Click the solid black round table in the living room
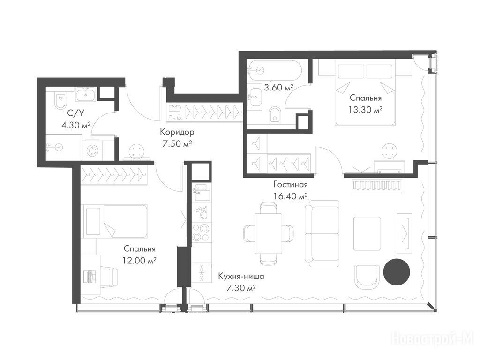(x=397, y=272)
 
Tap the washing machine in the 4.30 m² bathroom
(x=91, y=150)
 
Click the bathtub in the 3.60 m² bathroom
(x=275, y=70)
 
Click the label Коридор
(x=177, y=132)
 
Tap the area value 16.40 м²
(x=290, y=196)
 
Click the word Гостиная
(x=290, y=185)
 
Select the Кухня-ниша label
(x=241, y=277)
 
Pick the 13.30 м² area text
(x=366, y=110)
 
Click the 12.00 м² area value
(x=140, y=261)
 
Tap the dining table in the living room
(x=269, y=233)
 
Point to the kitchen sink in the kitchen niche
(x=201, y=192)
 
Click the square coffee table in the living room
(x=367, y=233)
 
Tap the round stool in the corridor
(x=136, y=151)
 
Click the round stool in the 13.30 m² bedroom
(x=390, y=151)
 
